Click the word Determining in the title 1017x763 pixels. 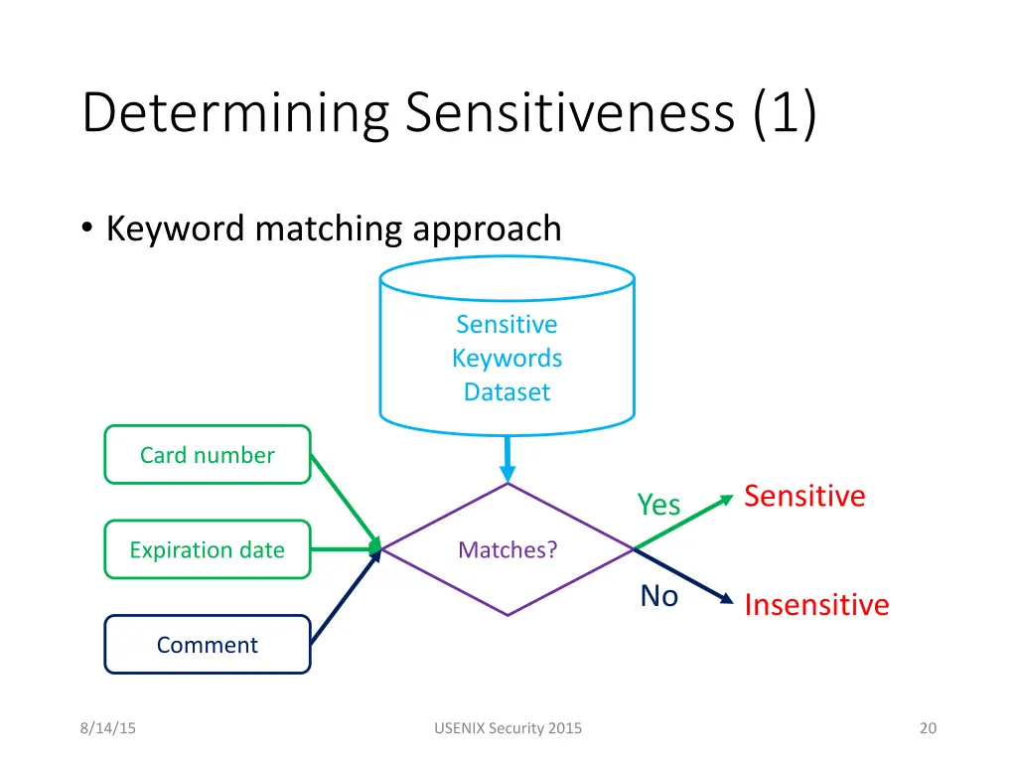point(234,112)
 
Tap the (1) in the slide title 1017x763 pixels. point(785,112)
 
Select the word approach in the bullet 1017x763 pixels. point(487,229)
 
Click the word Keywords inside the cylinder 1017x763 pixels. point(507,358)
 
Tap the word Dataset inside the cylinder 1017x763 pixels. point(507,391)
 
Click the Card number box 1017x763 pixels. point(207,455)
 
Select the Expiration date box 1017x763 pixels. point(207,549)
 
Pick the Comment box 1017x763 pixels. point(207,645)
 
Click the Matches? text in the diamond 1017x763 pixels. point(508,549)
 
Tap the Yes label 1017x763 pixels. point(658,505)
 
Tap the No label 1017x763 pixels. point(658,596)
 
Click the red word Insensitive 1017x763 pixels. point(816,605)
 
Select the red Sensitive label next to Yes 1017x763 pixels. point(804,496)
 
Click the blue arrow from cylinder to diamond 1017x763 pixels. point(508,459)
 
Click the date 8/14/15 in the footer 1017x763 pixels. point(108,728)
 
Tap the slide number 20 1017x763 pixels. point(928,728)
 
